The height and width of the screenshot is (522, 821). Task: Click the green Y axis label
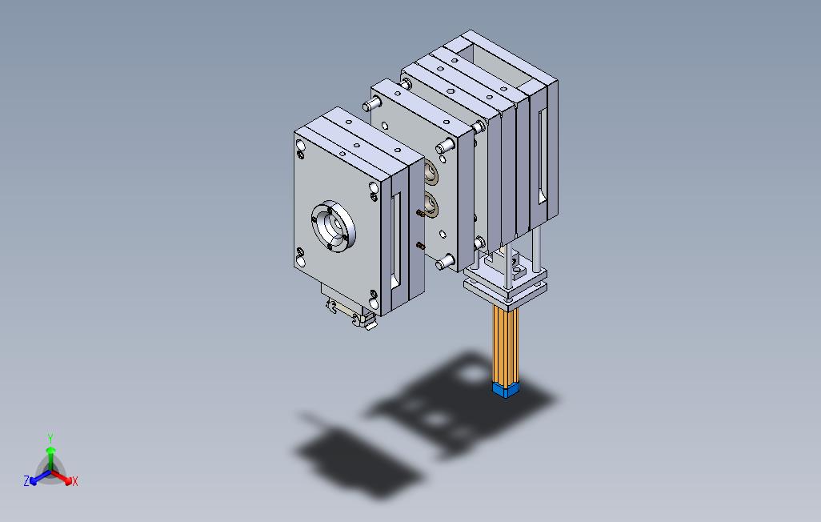coord(50,438)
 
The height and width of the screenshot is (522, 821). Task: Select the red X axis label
coord(75,481)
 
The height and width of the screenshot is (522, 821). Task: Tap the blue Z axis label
coord(26,480)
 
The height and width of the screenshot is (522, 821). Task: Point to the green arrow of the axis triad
coord(50,458)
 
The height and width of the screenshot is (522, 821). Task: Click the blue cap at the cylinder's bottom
coord(506,389)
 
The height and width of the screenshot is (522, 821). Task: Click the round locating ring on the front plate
coord(334,227)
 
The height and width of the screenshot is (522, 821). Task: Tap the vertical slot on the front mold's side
coord(396,240)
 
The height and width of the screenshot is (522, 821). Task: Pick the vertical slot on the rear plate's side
coord(543,157)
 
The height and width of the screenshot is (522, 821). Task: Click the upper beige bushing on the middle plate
coord(431,172)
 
